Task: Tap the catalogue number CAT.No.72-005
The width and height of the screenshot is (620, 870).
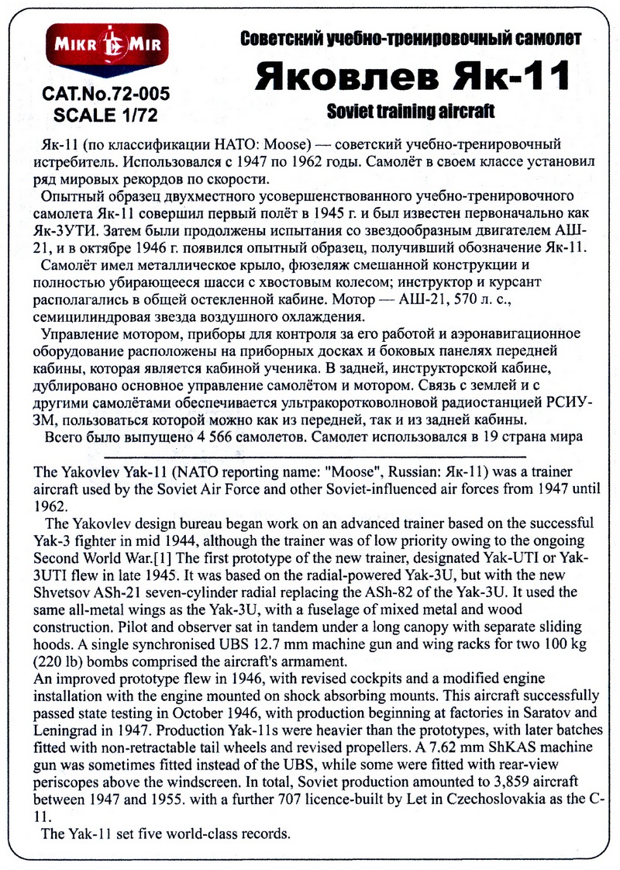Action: pos(106,95)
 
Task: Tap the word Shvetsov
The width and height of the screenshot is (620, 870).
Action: pos(64,592)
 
